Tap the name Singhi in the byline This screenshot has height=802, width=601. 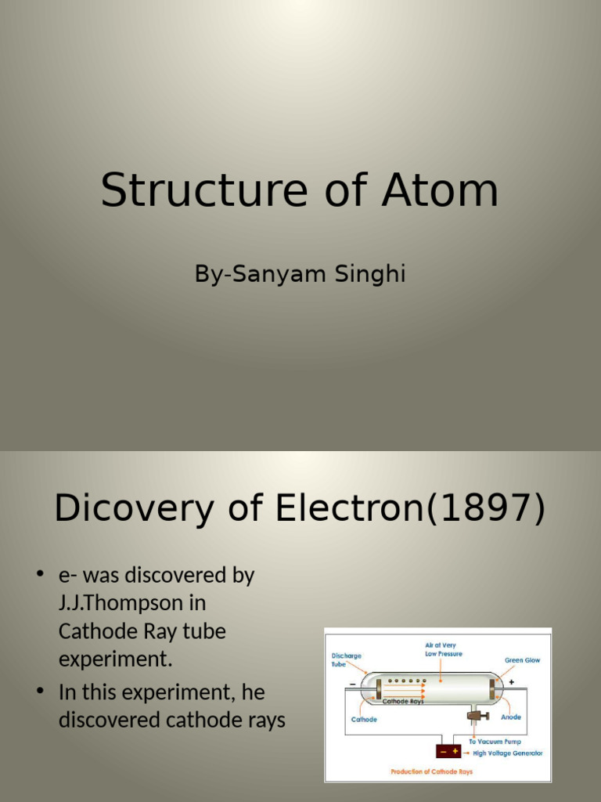point(370,275)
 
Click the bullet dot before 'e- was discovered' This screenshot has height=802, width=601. point(40,576)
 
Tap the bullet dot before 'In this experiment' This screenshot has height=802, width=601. point(40,693)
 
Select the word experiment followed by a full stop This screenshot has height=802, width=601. point(114,659)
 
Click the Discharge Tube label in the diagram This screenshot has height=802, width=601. point(346,659)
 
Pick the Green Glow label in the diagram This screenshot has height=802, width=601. point(522,660)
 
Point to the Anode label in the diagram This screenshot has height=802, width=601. point(511,717)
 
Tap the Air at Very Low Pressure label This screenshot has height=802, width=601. point(444,648)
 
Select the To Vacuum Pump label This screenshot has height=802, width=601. point(495,741)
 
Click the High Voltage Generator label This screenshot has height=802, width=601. point(507,753)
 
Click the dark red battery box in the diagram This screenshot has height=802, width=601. point(448,751)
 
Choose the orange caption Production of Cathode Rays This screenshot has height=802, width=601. point(432,772)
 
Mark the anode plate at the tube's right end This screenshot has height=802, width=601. point(494,689)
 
